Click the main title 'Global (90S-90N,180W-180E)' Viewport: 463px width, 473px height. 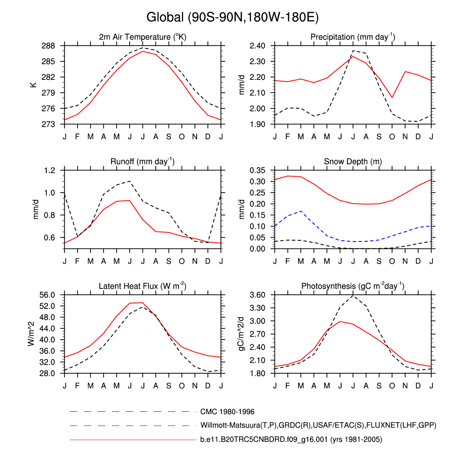click(x=232, y=17)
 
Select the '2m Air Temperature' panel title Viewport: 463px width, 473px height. click(x=143, y=37)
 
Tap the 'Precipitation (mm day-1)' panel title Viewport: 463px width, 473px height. click(x=353, y=37)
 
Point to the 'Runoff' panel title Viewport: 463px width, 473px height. click(x=143, y=162)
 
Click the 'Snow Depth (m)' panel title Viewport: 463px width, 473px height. click(x=353, y=162)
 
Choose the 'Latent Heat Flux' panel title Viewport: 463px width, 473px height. click(x=143, y=286)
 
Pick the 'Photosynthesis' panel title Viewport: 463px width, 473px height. click(x=353, y=286)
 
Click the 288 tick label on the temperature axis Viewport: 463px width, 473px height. click(x=48, y=46)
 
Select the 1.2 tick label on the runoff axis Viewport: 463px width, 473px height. click(x=50, y=170)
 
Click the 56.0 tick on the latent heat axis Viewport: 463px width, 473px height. click(x=47, y=295)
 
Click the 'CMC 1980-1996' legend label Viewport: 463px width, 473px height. click(x=227, y=412)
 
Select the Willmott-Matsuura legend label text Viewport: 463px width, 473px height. click(x=318, y=425)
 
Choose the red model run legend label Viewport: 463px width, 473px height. click(x=291, y=439)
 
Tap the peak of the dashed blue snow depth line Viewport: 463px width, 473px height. click(x=301, y=211)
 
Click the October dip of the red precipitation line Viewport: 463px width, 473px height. click(x=392, y=98)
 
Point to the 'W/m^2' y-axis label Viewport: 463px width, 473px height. click(x=31, y=334)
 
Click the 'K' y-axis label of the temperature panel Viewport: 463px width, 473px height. click(x=34, y=85)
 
